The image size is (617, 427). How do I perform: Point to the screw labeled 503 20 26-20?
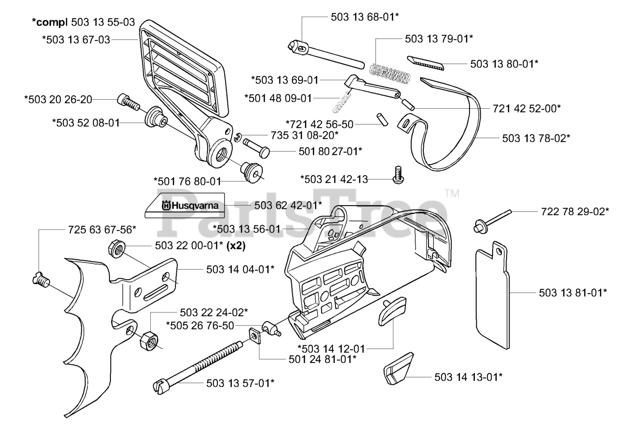pos(128,102)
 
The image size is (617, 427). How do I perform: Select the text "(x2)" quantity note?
pos(236,246)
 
